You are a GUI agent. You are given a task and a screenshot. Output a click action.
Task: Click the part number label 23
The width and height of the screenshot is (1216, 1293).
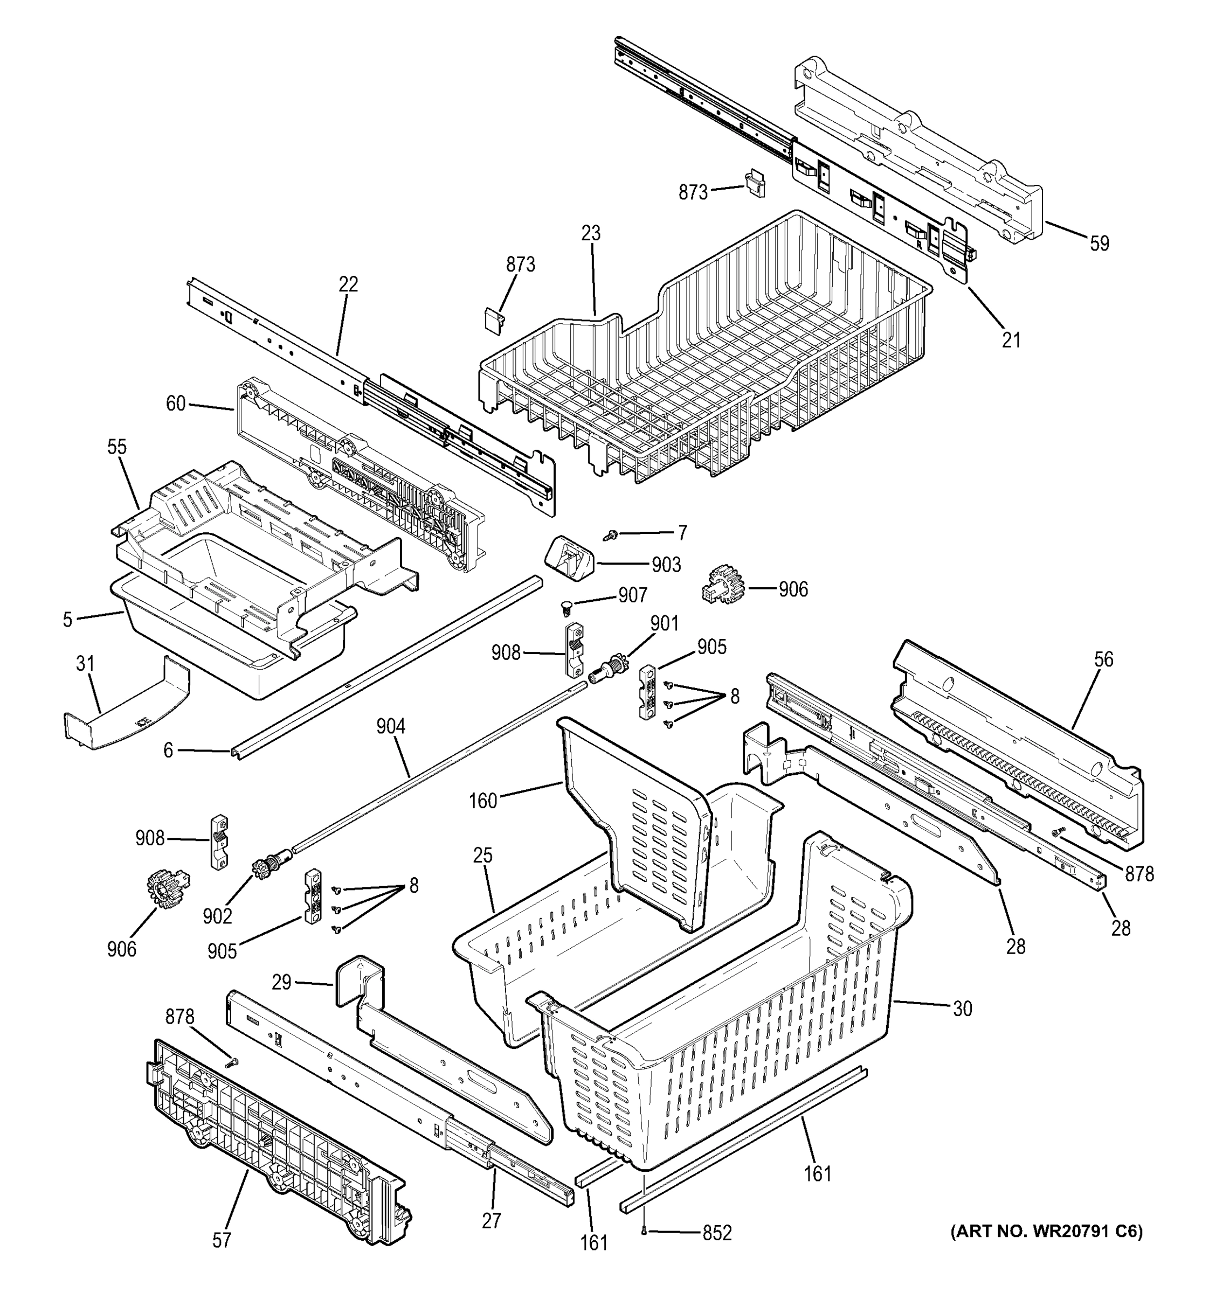click(x=591, y=233)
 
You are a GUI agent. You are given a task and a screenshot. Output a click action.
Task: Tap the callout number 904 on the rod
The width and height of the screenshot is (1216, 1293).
click(x=390, y=726)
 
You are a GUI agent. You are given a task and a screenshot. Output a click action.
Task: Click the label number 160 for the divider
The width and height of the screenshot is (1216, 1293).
click(x=483, y=801)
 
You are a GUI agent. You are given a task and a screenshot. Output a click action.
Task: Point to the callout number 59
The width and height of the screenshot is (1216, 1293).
click(x=1099, y=244)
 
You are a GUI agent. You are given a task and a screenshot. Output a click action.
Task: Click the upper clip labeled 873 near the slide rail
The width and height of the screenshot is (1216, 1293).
click(x=755, y=184)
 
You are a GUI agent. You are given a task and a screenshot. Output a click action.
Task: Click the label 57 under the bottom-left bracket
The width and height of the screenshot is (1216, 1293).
click(x=222, y=1241)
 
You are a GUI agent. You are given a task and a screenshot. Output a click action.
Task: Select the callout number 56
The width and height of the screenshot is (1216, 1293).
click(x=1103, y=659)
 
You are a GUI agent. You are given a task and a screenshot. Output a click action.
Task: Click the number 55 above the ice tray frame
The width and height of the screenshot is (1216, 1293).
click(x=117, y=448)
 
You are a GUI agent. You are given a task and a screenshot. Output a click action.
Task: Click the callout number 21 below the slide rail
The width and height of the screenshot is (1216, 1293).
click(x=1011, y=340)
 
